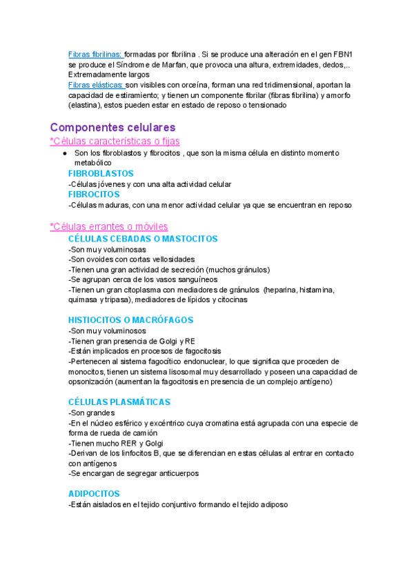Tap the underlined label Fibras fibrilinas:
(x=95, y=54)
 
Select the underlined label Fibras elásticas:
(x=96, y=85)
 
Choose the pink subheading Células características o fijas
(x=115, y=141)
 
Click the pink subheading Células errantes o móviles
(x=108, y=226)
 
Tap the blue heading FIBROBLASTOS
(x=101, y=173)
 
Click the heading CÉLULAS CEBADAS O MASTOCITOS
(x=143, y=239)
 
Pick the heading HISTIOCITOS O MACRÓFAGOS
(x=130, y=320)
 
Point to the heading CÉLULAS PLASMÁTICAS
(x=119, y=401)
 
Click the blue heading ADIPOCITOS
(x=94, y=493)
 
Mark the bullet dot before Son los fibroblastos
(x=63, y=153)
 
